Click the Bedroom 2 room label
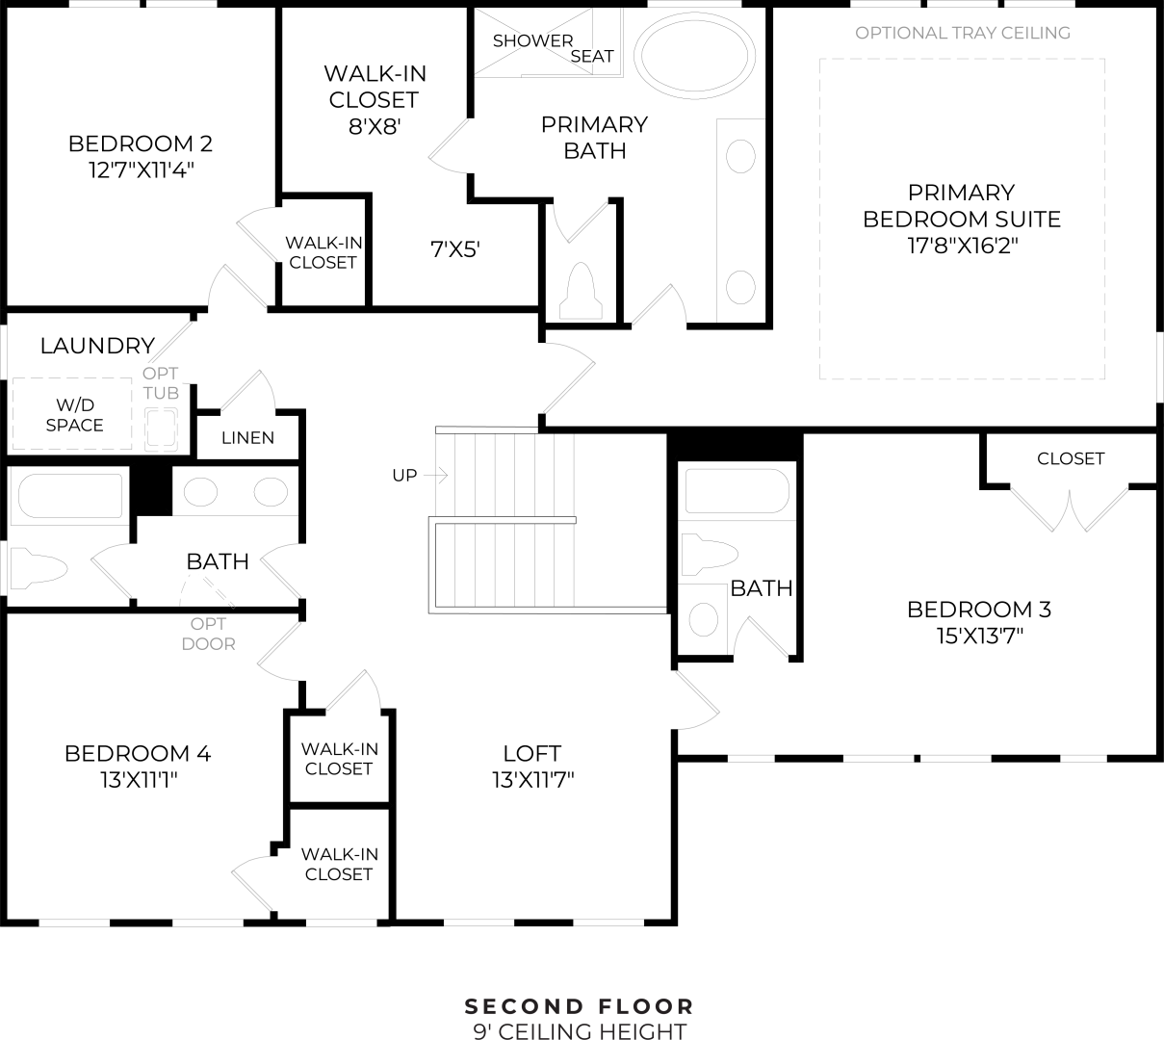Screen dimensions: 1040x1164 140,144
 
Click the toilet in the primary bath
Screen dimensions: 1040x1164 581,289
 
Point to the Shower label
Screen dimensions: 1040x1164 532,40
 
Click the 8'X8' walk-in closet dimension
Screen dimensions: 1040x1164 375,126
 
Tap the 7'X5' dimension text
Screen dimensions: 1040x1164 454,250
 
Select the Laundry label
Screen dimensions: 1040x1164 97,346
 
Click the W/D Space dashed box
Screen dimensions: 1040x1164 73,415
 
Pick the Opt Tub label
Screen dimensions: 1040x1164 161,383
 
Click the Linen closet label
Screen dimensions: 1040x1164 247,438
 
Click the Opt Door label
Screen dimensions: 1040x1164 208,634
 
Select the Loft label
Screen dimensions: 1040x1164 531,753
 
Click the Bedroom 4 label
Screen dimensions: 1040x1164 138,753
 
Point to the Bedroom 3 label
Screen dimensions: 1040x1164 979,610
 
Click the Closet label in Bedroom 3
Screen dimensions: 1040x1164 1070,458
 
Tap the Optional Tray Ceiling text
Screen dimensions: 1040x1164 962,33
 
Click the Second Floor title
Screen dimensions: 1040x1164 580,1007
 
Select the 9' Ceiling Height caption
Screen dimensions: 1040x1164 580,1031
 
